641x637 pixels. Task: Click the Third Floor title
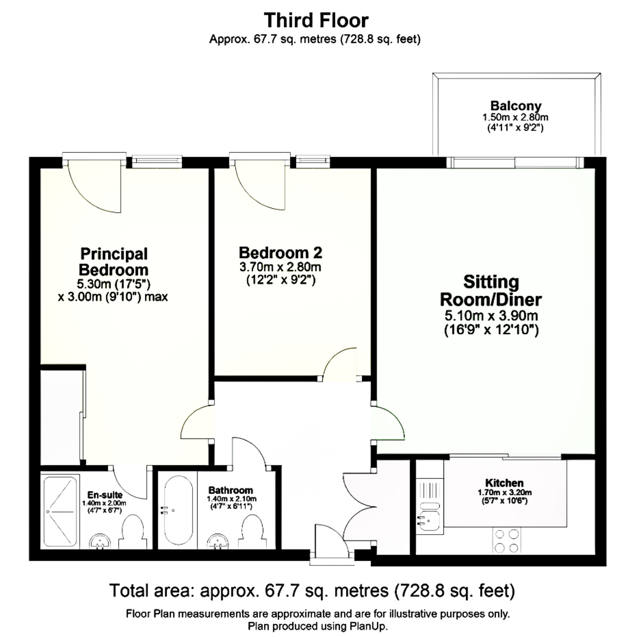(x=316, y=21)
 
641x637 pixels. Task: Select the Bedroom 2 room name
(x=280, y=253)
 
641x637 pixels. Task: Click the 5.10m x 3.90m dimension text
(x=491, y=316)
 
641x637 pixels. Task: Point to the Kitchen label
(x=504, y=483)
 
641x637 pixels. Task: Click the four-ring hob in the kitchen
(x=507, y=541)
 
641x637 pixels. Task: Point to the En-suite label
(x=105, y=495)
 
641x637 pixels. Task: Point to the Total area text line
(x=312, y=590)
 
